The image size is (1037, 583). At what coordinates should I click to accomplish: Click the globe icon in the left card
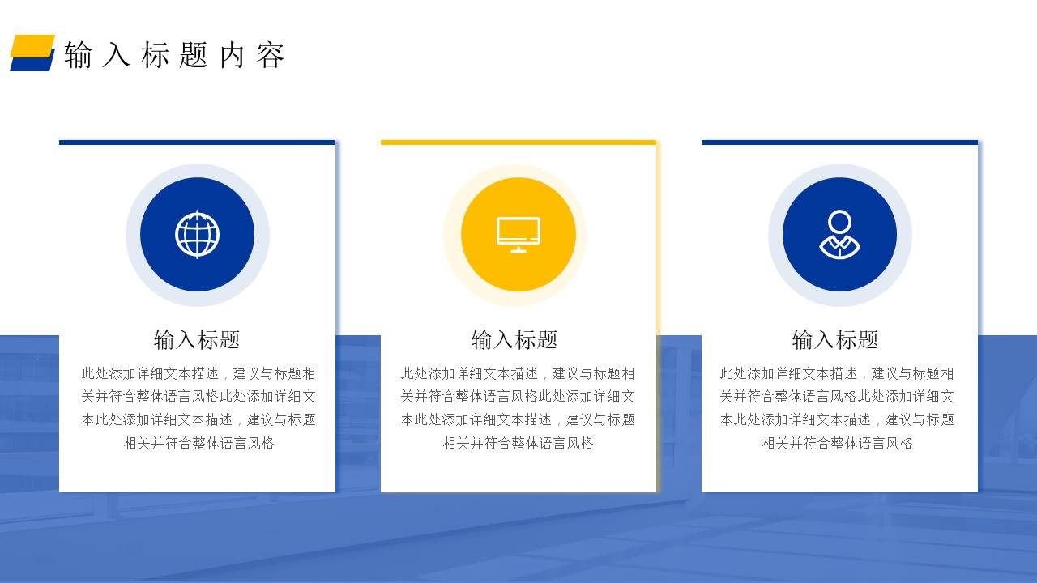(x=197, y=235)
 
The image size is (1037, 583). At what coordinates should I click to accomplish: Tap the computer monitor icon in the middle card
(x=518, y=235)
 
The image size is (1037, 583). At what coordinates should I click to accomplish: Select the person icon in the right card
(x=839, y=235)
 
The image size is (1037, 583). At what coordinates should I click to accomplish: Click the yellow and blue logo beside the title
(x=32, y=53)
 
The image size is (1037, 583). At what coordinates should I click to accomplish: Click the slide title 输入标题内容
(x=174, y=55)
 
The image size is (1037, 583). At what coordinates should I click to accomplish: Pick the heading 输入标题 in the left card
(x=197, y=339)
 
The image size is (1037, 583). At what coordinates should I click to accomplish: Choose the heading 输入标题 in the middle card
(x=514, y=339)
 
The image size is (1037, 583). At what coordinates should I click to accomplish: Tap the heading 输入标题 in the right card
(x=834, y=339)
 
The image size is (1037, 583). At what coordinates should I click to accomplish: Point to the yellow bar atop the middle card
(x=518, y=143)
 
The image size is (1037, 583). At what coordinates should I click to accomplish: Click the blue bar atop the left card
(x=197, y=143)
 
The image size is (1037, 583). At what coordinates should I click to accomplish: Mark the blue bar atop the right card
(x=839, y=143)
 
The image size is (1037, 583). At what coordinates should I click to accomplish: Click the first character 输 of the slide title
(x=78, y=55)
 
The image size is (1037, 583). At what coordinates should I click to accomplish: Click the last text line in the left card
(x=198, y=443)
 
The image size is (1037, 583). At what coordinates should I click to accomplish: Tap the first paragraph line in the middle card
(x=518, y=373)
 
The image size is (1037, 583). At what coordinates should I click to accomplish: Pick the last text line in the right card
(x=837, y=443)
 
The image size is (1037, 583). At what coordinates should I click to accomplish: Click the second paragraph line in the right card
(x=837, y=397)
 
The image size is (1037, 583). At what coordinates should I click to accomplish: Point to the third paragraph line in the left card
(x=198, y=419)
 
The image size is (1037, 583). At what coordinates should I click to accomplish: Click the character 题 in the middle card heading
(x=548, y=339)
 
